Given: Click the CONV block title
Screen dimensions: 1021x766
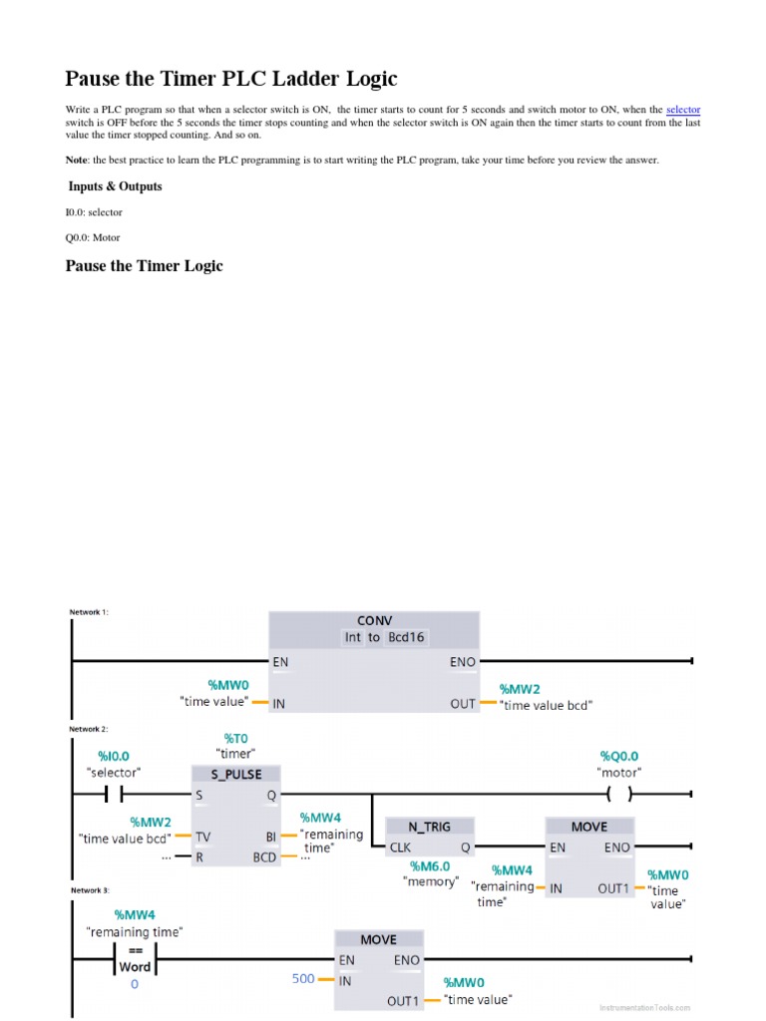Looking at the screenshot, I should [374, 620].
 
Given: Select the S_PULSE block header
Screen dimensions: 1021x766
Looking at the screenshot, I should [236, 774].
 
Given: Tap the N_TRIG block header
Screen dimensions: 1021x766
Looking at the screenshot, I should [430, 826].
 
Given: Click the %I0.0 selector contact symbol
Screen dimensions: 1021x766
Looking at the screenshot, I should [114, 795].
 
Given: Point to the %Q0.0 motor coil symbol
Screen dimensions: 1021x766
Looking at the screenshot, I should [618, 795].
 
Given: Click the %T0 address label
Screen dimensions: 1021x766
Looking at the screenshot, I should [235, 738].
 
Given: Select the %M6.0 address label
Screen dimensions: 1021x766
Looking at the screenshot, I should [430, 865].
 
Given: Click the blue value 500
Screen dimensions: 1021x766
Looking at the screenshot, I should [303, 978].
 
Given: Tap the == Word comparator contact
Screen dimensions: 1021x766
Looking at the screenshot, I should [135, 959].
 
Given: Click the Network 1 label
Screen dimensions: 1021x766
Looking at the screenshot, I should [89, 612].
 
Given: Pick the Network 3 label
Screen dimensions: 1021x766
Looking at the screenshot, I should [89, 889].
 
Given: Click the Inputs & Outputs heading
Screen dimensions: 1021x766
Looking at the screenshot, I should [115, 186].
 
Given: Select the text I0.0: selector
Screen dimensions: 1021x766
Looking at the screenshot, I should [94, 212].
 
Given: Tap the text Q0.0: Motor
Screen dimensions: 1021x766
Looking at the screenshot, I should [93, 237].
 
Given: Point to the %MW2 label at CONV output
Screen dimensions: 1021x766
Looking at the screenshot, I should [520, 689].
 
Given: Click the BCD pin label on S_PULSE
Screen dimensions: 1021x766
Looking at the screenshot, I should [264, 856].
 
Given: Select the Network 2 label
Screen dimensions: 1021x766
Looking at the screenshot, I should [89, 729].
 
